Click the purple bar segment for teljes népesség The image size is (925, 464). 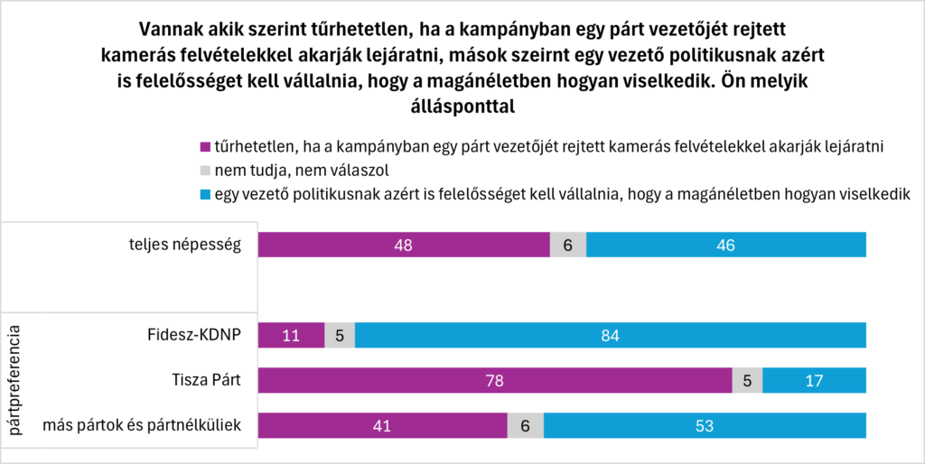pos(404,245)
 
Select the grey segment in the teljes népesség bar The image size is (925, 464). pos(568,245)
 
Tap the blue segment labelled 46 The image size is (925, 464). pos(726,245)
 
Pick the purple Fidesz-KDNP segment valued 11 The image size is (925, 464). pos(291,335)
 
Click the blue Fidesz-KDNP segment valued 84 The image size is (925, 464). pos(611,335)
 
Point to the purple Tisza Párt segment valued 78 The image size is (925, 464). pos(495,380)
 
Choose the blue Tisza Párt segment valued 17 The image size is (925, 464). pos(814,380)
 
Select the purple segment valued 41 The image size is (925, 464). pos(383,425)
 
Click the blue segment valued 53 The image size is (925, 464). pos(705,425)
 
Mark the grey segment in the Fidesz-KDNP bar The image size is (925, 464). pos(340,335)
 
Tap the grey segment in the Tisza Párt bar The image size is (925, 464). pos(747,380)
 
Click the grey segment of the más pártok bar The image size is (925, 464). pos(526,425)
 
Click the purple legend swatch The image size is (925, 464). pos(204,146)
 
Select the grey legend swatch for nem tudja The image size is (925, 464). pos(204,169)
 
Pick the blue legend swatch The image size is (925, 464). pos(204,192)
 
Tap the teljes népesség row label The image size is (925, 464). pos(184,245)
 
